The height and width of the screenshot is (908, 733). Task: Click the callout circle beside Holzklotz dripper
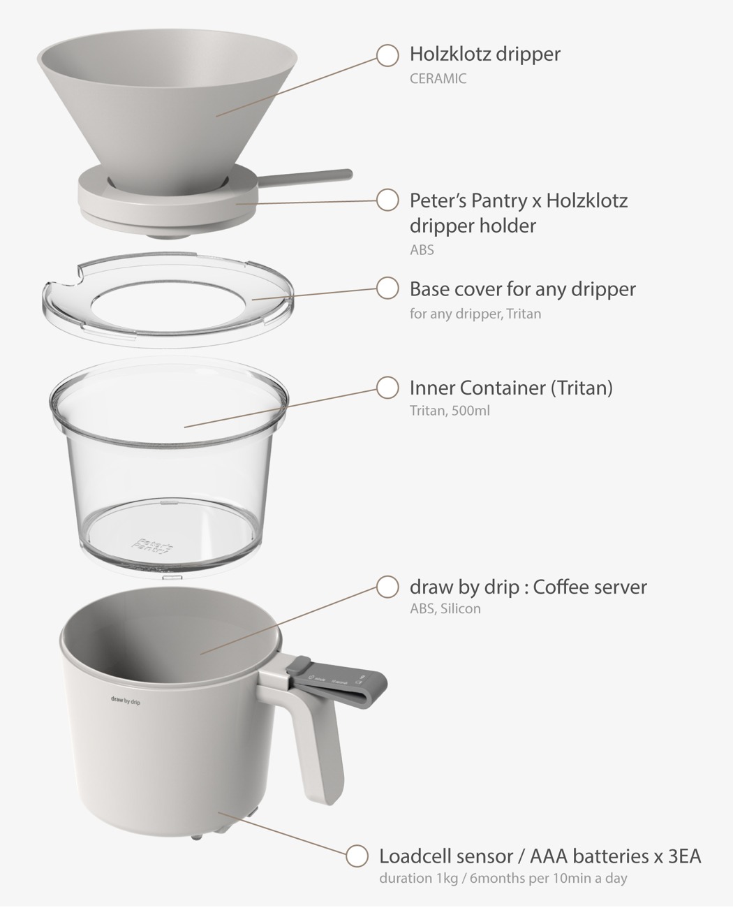(x=387, y=55)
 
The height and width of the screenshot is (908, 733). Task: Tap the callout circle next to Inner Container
(x=387, y=387)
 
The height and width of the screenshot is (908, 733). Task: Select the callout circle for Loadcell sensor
(x=357, y=856)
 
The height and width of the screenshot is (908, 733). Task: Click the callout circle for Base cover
(x=387, y=288)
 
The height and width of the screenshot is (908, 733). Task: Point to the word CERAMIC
(x=438, y=78)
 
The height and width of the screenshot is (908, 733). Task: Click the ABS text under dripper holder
(x=422, y=249)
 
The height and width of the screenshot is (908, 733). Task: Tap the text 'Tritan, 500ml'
(x=450, y=411)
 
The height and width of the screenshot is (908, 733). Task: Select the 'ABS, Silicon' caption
(x=445, y=608)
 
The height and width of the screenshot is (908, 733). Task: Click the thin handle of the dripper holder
(x=307, y=175)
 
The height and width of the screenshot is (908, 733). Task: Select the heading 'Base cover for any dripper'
(x=522, y=288)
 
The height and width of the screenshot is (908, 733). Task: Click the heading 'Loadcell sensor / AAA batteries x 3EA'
(x=540, y=856)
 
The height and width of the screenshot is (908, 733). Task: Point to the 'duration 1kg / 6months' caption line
(x=503, y=878)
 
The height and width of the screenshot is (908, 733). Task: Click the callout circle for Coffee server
(x=387, y=587)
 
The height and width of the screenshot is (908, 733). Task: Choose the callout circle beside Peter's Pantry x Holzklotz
(x=387, y=200)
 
